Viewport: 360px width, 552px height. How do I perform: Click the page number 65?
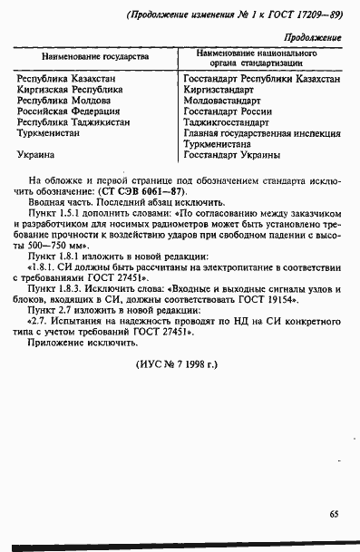pos(335,514)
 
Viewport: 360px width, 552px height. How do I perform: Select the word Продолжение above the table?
pos(313,37)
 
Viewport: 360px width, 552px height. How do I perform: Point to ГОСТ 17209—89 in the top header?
pos(288,14)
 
